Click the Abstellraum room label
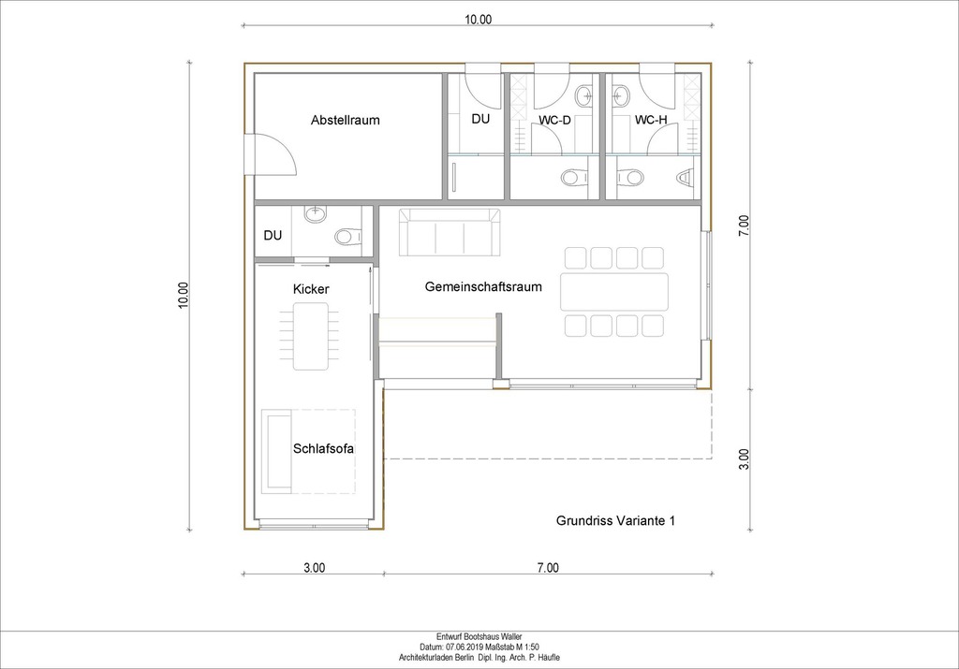pos(345,120)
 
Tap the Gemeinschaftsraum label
pos(483,286)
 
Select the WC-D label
pos(554,121)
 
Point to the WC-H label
pos(651,120)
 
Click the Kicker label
pos(311,289)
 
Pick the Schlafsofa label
pos(323,448)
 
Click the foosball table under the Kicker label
pos(311,337)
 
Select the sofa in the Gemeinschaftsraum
pos(450,232)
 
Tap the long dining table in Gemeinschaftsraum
pos(614,292)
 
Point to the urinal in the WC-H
pos(686,177)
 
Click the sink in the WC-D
pos(584,95)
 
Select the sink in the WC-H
pos(622,95)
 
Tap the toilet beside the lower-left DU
pos(348,237)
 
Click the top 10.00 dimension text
pos(478,20)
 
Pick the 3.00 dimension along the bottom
pos(315,568)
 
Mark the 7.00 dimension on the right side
pos(744,225)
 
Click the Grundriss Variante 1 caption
pos(615,520)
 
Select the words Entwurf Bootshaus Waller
pos(479,636)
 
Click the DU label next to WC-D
pos(480,119)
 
